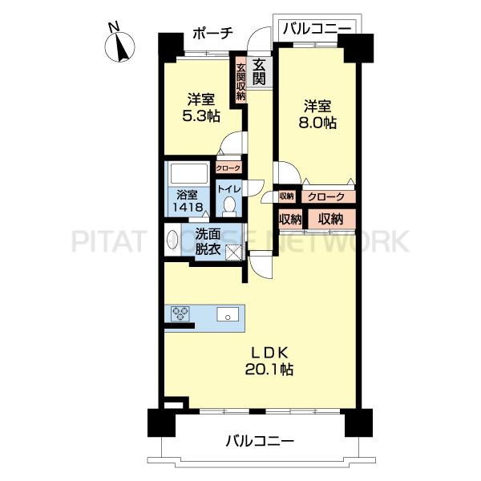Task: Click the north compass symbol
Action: click(119, 46)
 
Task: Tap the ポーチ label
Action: click(213, 33)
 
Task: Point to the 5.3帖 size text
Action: click(201, 116)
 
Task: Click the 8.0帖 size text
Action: click(317, 123)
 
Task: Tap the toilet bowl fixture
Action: click(228, 206)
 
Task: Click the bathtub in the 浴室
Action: click(190, 174)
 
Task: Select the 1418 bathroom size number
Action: click(188, 207)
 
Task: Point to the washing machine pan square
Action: click(235, 253)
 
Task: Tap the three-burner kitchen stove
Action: click(180, 313)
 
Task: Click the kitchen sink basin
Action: click(228, 314)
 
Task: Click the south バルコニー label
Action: click(260, 442)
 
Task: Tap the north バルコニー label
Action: click(317, 29)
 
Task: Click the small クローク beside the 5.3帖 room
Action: click(228, 168)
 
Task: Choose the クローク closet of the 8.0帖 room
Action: click(329, 196)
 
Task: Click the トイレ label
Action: click(228, 189)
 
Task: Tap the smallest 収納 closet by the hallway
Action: click(287, 196)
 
